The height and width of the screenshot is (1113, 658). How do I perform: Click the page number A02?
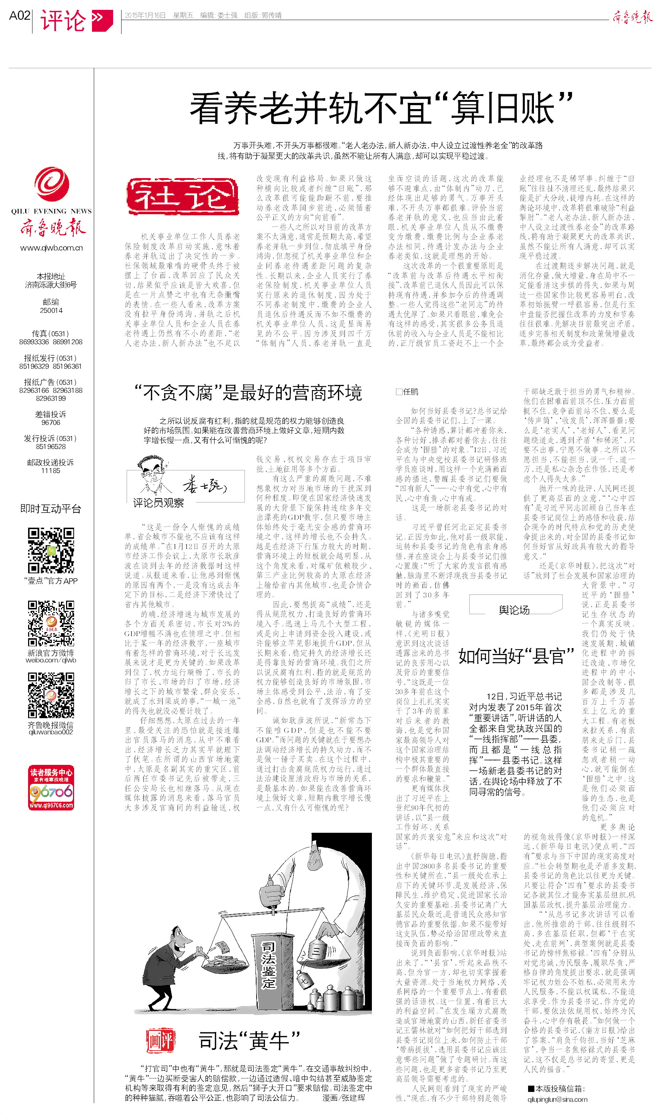tap(19, 16)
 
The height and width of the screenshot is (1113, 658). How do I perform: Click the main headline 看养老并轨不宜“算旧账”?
tap(381, 108)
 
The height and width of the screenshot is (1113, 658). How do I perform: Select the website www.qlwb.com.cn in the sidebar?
tap(51, 248)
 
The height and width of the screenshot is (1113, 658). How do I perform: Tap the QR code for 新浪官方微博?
tap(51, 623)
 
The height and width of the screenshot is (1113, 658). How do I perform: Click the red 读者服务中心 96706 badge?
tap(51, 787)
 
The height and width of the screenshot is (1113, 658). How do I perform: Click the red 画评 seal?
tap(161, 1041)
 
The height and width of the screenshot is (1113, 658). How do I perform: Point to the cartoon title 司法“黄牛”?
tap(249, 1041)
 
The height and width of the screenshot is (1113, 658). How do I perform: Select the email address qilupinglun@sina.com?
tap(557, 1099)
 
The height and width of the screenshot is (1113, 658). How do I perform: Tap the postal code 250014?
tap(51, 310)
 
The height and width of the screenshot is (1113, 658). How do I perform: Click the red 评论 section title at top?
tap(63, 20)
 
